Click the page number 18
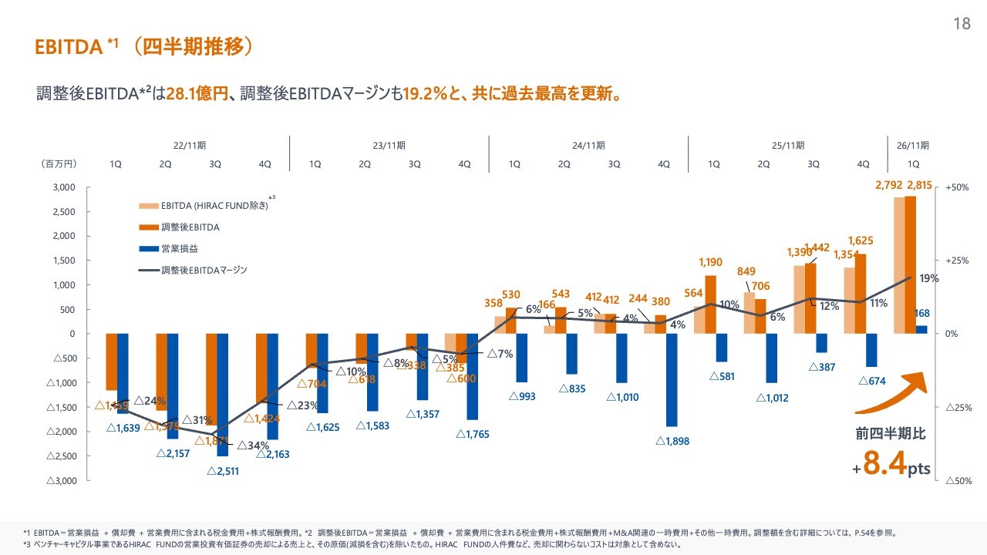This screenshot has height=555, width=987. (x=962, y=24)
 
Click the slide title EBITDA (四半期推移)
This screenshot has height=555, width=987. (x=144, y=47)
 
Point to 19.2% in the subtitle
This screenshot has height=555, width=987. (x=426, y=94)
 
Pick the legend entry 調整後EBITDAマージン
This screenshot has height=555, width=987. (x=204, y=271)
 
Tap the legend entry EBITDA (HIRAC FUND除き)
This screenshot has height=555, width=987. (x=214, y=206)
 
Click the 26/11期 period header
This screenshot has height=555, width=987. (x=913, y=145)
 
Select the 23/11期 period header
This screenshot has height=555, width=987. (x=389, y=145)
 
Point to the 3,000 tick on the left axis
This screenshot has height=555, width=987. (x=64, y=187)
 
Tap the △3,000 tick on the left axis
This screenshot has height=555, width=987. (x=62, y=480)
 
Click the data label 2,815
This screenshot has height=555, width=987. (x=920, y=185)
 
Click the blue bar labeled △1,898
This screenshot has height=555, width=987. (x=672, y=379)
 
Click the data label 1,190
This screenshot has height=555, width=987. (x=710, y=263)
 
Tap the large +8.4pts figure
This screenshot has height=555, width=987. (x=891, y=466)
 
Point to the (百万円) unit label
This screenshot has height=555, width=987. (x=59, y=164)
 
